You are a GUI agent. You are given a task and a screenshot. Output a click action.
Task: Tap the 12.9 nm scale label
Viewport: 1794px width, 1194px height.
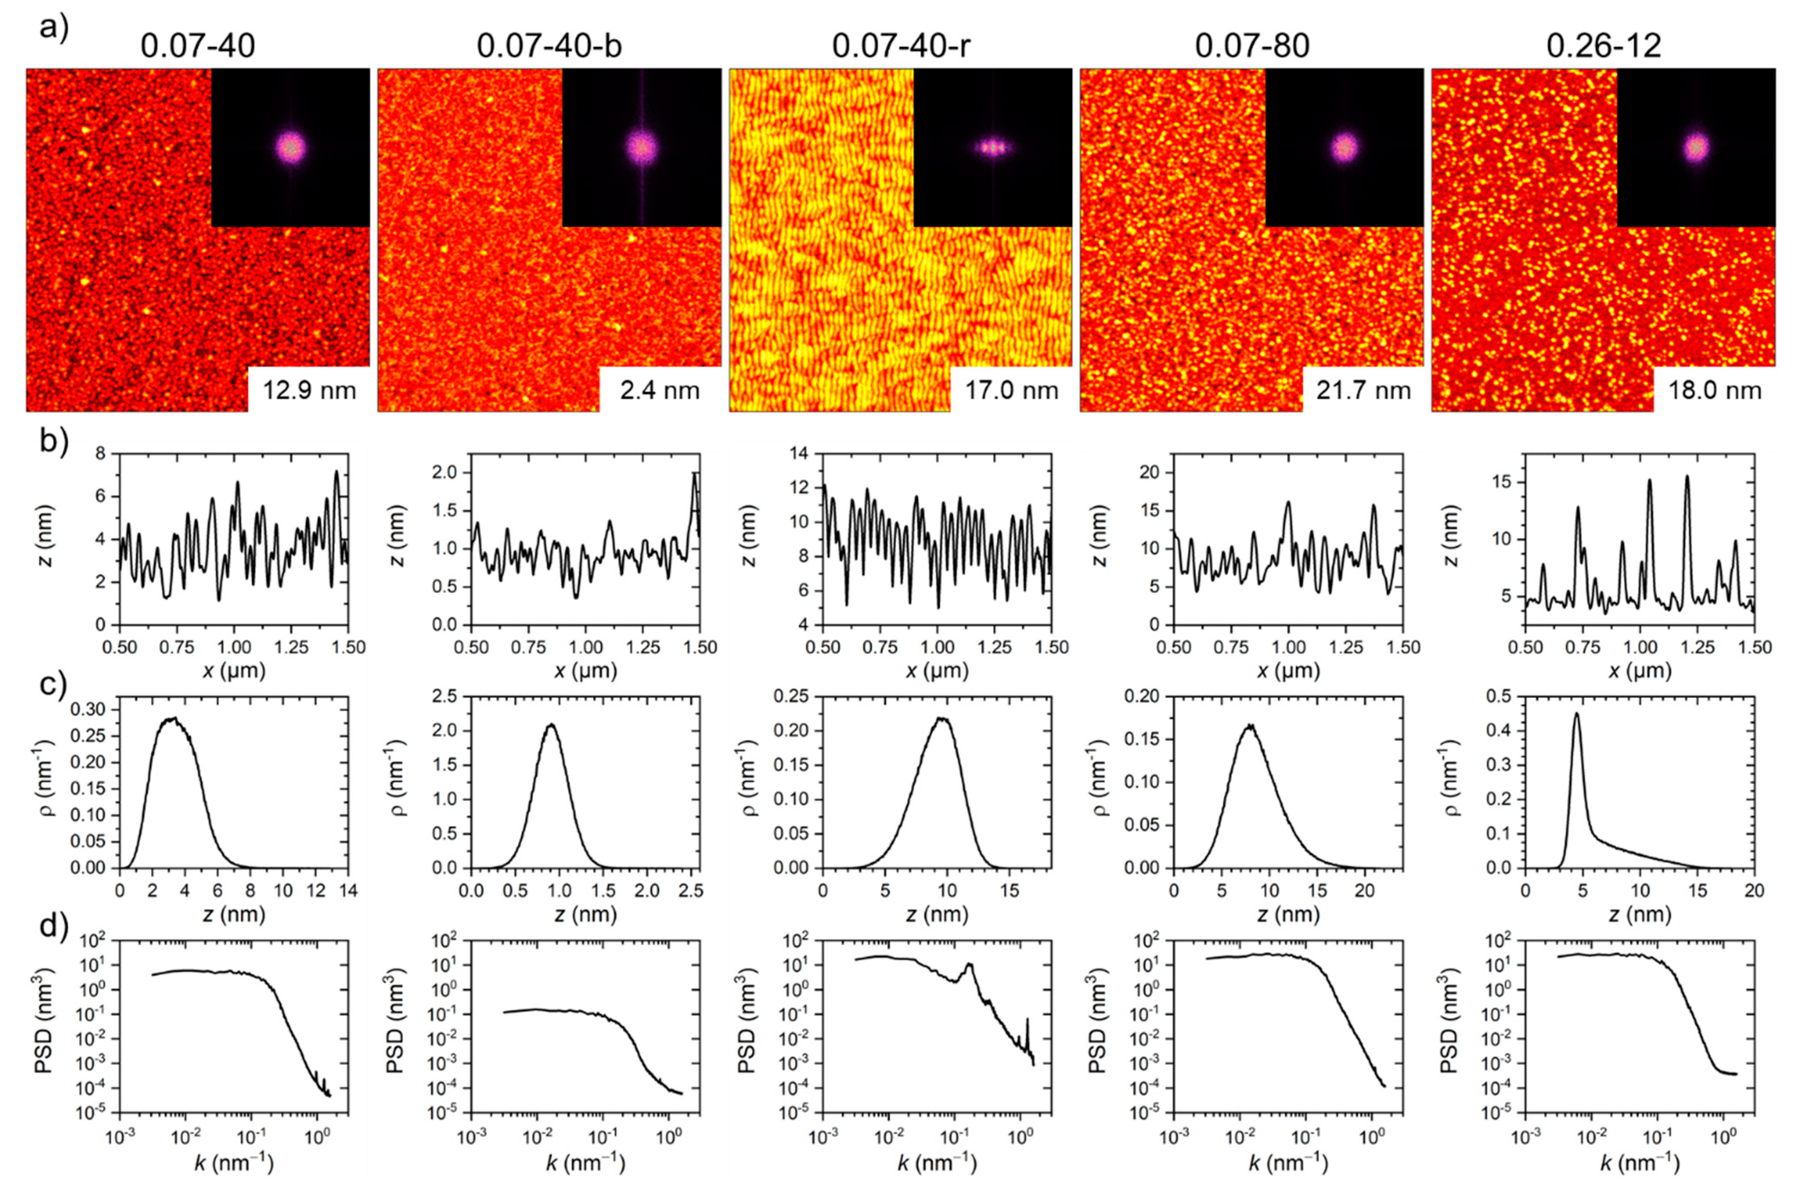click(309, 391)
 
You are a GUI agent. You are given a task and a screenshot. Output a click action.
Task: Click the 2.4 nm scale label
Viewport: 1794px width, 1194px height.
click(660, 391)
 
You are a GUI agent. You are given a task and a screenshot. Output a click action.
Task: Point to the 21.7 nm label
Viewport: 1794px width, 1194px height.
click(1363, 391)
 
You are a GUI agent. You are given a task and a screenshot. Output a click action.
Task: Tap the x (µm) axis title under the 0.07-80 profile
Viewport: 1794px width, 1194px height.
click(1288, 671)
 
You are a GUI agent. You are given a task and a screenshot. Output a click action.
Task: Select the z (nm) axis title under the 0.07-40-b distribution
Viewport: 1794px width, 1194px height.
click(585, 914)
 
